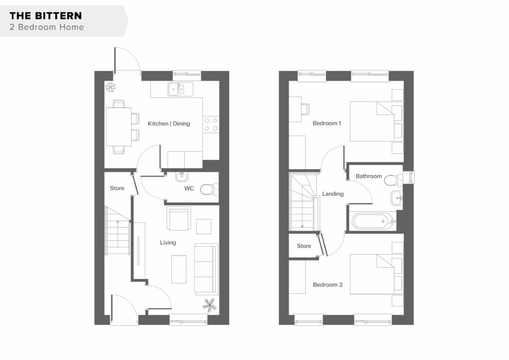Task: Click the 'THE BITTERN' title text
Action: point(46,15)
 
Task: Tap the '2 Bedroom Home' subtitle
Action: point(47,27)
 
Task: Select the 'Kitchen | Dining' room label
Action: point(169,124)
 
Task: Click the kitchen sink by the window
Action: point(180,89)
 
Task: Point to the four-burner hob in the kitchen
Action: point(211,124)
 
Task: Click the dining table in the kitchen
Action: point(119,127)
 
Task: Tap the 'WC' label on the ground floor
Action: point(189,188)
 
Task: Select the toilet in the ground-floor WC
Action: point(209,189)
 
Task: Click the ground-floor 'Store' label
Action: point(117,188)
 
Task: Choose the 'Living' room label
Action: point(168,243)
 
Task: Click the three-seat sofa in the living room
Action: point(206,269)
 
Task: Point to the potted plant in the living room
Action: point(209,305)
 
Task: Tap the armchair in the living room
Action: point(178,218)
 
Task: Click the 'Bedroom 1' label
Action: point(327,123)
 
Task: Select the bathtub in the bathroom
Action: point(373,221)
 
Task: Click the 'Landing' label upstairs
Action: point(333,194)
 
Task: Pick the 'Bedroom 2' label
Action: point(328,285)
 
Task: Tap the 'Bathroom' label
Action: point(368,176)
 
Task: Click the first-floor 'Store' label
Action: point(304,246)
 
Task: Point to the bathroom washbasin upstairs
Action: point(397,198)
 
